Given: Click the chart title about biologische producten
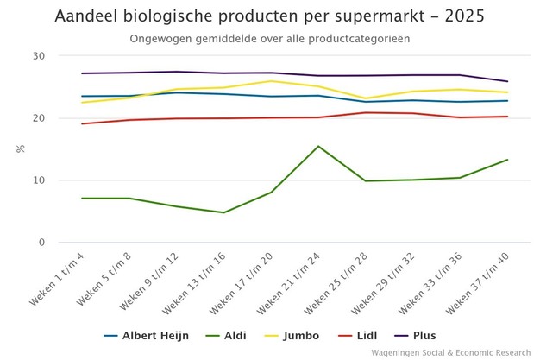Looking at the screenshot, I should (x=269, y=16).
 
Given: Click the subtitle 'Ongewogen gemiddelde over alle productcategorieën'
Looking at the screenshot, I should (x=269, y=39).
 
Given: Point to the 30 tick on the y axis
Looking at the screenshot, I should (x=40, y=56).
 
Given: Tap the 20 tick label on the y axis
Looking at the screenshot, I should (x=40, y=118).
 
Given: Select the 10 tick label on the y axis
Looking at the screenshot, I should (x=40, y=180).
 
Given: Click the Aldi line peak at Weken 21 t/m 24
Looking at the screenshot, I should (x=318, y=147).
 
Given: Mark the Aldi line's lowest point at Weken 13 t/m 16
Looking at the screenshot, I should (x=224, y=212).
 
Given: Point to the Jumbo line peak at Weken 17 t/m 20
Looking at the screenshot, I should (x=271, y=81).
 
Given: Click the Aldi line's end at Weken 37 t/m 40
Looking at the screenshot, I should (x=506, y=160).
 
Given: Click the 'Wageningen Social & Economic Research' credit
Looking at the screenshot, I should (x=452, y=352).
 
